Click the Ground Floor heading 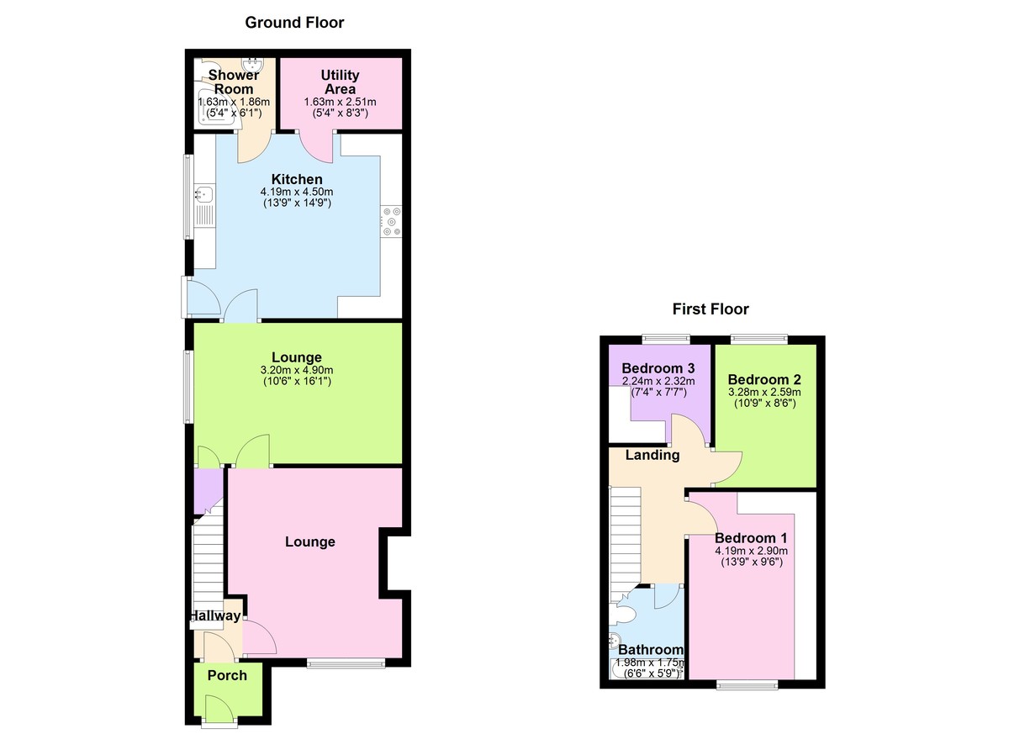pyautogui.click(x=294, y=23)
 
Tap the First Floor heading pyautogui.click(x=711, y=309)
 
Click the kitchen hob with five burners pyautogui.click(x=391, y=221)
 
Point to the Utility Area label pyautogui.click(x=340, y=82)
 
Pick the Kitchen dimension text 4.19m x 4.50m pyautogui.click(x=297, y=192)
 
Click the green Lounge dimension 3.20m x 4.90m pyautogui.click(x=297, y=370)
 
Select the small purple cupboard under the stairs pyautogui.click(x=209, y=491)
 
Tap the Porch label pyautogui.click(x=227, y=675)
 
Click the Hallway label pyautogui.click(x=215, y=615)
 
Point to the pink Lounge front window pyautogui.click(x=346, y=663)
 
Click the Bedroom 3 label pyautogui.click(x=658, y=368)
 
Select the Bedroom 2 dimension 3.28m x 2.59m pyautogui.click(x=764, y=392)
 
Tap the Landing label pyautogui.click(x=652, y=455)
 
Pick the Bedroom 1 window pyautogui.click(x=748, y=685)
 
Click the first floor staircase pyautogui.click(x=626, y=545)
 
